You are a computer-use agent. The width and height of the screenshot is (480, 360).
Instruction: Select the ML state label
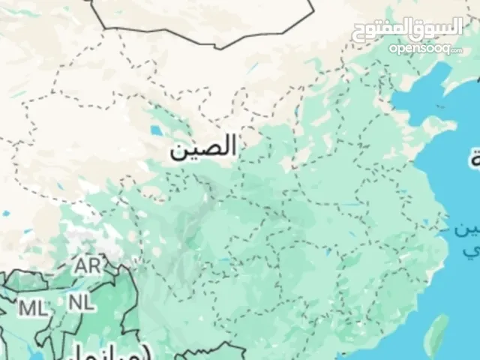(31, 307)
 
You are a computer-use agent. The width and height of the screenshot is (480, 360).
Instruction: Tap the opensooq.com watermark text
(426, 49)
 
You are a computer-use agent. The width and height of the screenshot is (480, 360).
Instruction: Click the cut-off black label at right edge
(475, 159)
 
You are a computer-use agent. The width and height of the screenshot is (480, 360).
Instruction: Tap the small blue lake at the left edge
(6, 214)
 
